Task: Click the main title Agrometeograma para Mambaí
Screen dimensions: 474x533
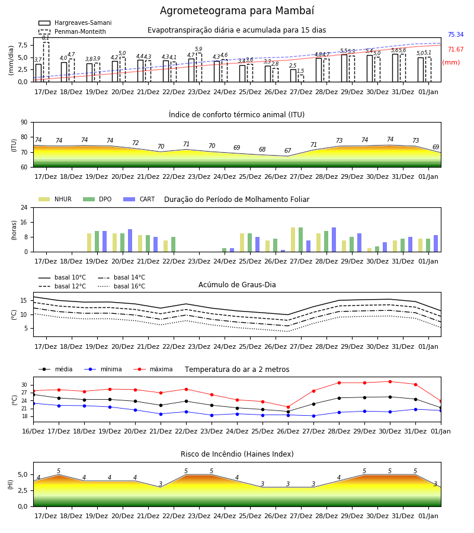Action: click(237, 11)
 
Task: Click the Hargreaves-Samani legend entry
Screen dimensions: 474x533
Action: click(75, 23)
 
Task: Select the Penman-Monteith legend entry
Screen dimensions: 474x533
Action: click(72, 31)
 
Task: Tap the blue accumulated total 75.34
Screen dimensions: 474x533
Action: click(456, 35)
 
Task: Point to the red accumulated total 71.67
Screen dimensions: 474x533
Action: click(456, 50)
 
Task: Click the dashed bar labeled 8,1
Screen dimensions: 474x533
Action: click(46, 62)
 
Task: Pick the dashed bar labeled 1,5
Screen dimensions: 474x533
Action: click(301, 78)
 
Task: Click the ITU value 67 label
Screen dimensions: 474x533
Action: click(288, 150)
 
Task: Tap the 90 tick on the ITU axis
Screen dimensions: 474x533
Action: click(24, 123)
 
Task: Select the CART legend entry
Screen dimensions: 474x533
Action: click(139, 199)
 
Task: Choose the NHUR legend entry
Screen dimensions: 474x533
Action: click(55, 199)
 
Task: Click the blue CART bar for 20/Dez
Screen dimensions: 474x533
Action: click(130, 240)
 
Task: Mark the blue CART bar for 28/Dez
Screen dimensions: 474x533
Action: click(334, 240)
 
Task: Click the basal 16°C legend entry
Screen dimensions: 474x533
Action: click(121, 286)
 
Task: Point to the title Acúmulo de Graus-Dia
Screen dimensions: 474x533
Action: click(237, 284)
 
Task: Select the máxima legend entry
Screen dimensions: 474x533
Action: click(153, 369)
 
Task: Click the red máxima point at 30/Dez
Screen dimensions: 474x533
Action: click(390, 382)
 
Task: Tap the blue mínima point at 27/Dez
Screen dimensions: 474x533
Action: click(313, 416)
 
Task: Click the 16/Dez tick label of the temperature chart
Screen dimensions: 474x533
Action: click(33, 431)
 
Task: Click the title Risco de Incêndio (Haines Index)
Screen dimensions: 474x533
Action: click(237, 454)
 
